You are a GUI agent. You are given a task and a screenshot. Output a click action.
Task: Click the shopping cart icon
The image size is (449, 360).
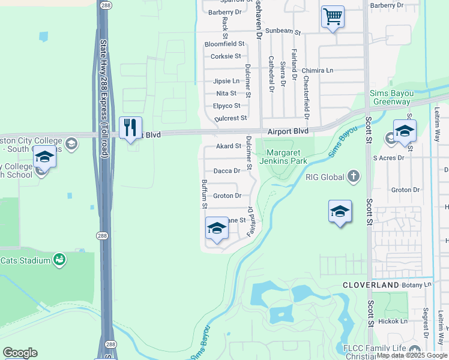333,16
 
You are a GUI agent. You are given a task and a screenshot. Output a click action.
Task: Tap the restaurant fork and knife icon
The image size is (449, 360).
130,128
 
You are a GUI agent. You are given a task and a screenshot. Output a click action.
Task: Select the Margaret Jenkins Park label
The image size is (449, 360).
283,156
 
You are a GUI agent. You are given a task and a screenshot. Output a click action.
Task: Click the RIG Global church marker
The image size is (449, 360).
354,176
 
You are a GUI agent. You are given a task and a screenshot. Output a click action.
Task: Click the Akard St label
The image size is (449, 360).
228,146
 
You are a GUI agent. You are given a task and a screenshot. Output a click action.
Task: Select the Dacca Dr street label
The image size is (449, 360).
227,171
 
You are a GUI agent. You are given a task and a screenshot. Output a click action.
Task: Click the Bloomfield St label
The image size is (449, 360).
224,44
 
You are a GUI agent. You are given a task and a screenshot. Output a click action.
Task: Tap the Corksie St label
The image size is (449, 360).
226,57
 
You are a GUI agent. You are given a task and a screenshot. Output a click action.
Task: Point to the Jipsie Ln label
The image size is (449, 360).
226,81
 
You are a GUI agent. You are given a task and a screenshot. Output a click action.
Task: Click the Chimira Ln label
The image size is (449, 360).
318,70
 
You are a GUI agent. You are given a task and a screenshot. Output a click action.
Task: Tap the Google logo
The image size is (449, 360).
20,353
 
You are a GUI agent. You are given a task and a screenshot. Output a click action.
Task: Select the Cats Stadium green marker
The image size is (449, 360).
59,260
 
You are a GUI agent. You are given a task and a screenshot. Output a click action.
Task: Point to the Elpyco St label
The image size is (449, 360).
226,106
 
